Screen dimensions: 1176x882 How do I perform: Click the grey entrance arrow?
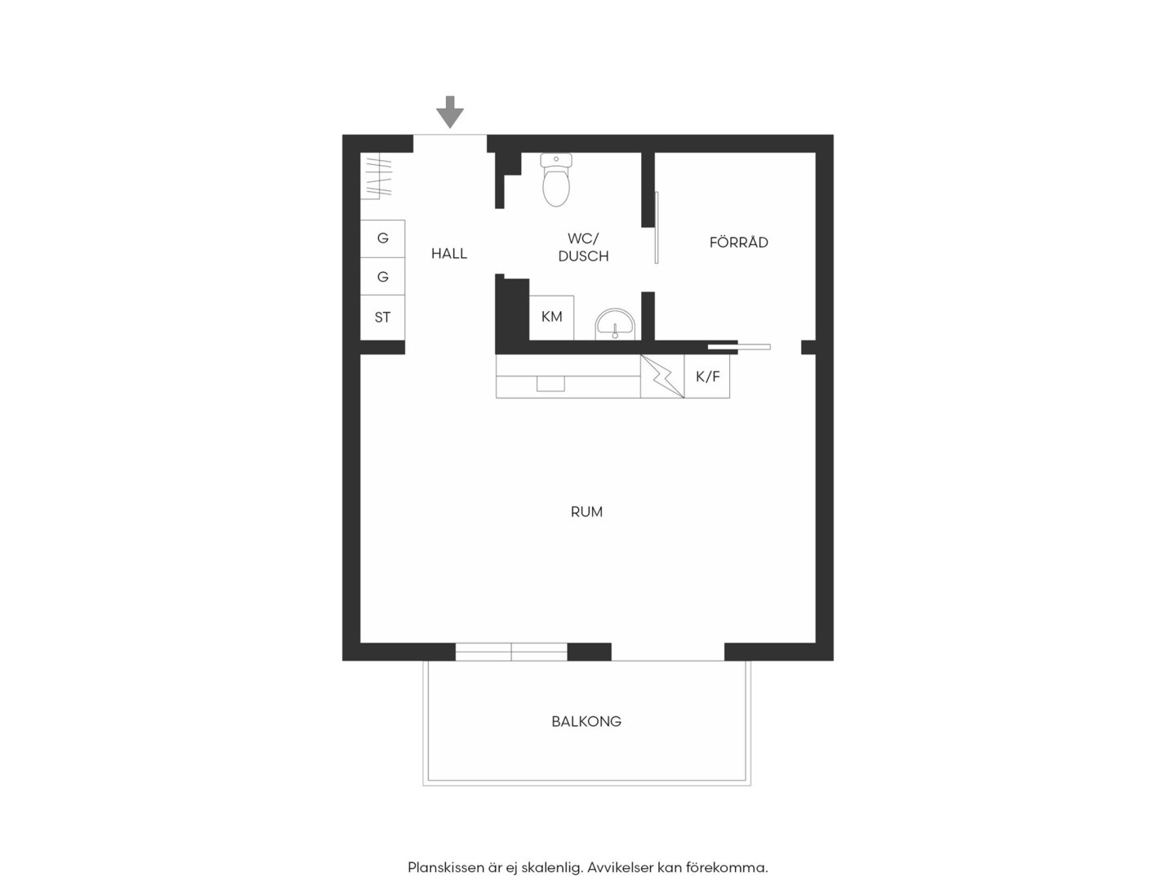click(x=449, y=112)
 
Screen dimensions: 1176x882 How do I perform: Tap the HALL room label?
click(x=449, y=253)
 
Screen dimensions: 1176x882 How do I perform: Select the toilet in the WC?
click(x=556, y=180)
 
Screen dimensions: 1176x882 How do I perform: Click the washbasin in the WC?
click(x=614, y=324)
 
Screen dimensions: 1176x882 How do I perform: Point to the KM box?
click(x=551, y=317)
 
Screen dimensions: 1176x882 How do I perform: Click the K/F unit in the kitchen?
click(x=707, y=376)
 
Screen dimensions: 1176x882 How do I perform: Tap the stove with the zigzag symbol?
click(x=662, y=376)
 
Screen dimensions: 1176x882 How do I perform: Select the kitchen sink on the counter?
click(x=550, y=384)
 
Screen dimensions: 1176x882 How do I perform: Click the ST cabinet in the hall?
click(x=382, y=317)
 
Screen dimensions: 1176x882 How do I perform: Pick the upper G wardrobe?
click(x=382, y=238)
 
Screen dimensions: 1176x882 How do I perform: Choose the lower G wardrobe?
click(x=382, y=276)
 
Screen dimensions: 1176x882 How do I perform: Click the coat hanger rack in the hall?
click(x=377, y=176)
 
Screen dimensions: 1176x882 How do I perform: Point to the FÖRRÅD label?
click(x=739, y=243)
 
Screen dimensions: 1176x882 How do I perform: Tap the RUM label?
click(x=586, y=512)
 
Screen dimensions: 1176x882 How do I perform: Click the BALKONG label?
click(x=586, y=721)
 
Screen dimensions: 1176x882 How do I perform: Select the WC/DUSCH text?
click(x=583, y=247)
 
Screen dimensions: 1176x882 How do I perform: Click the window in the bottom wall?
click(x=511, y=652)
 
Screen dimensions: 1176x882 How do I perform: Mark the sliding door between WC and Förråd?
click(x=657, y=228)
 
